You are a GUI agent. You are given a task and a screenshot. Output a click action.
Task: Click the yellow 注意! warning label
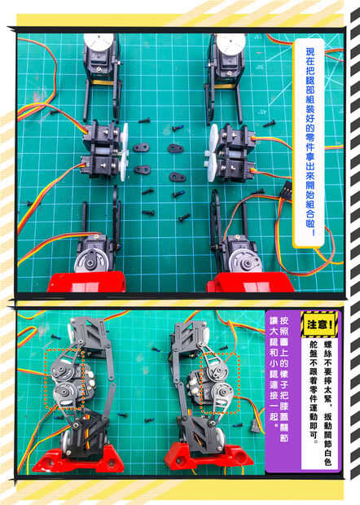point(318,324)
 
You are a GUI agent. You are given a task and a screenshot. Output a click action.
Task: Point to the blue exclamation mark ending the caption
point(311,232)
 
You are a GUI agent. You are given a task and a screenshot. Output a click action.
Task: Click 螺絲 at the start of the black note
point(328,348)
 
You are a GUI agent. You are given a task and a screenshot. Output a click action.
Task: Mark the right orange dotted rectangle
point(220,383)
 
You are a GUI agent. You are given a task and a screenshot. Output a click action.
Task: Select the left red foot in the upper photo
point(86,282)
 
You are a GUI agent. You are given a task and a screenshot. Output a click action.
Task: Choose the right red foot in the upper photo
point(250,283)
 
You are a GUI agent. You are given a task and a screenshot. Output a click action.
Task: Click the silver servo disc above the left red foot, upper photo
point(88,261)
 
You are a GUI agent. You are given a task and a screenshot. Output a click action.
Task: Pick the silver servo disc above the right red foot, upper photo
point(243,261)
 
